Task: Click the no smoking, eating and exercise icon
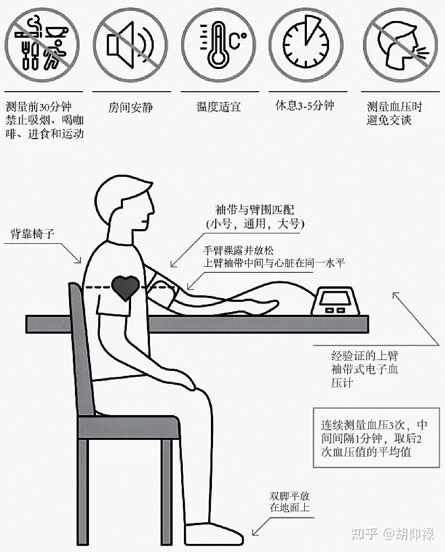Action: point(42,45)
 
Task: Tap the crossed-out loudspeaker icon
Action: point(130,45)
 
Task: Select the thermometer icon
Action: point(218,45)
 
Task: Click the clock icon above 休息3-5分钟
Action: point(306,45)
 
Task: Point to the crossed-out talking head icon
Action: point(400,45)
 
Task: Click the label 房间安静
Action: point(131,107)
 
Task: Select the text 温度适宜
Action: point(218,106)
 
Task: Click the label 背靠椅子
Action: point(32,233)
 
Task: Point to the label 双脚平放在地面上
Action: point(290,502)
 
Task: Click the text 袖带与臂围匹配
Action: point(255,210)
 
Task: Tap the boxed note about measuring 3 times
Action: point(376,438)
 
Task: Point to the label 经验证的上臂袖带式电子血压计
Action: point(365,369)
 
